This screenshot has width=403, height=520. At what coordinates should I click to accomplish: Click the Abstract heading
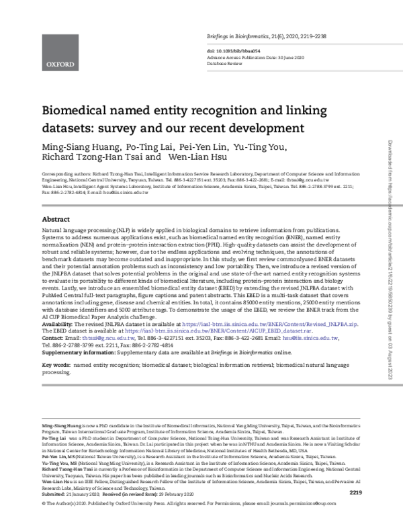pos(56,220)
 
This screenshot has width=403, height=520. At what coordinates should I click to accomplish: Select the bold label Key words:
pos(56,347)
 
